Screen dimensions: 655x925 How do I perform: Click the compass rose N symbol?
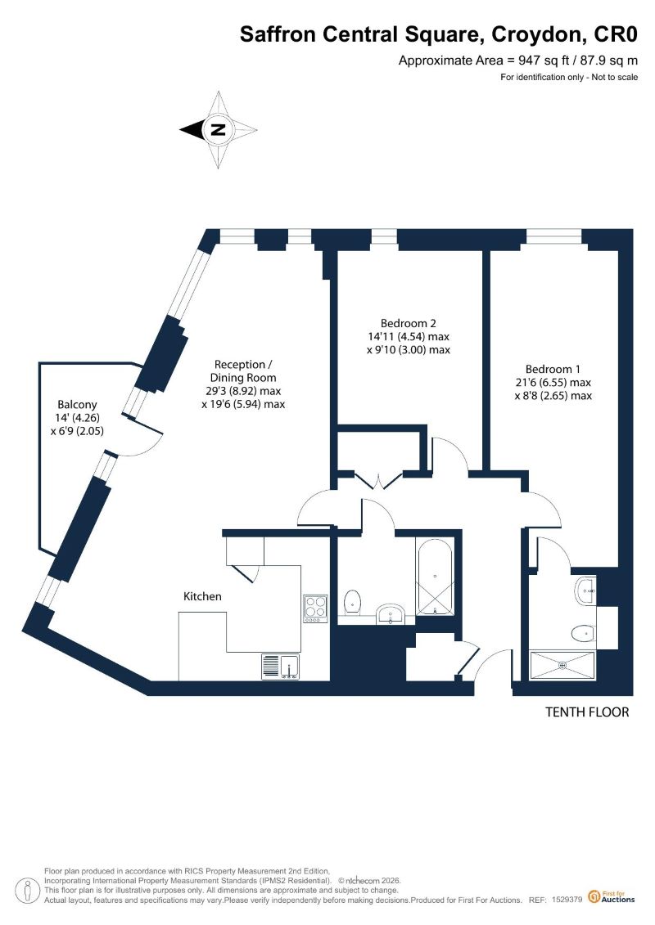(x=219, y=130)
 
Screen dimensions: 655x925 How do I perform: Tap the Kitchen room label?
(x=202, y=596)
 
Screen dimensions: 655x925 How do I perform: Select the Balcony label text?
(x=77, y=405)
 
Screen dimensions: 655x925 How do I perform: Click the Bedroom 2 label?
(x=408, y=323)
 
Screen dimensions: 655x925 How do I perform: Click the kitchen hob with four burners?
(x=315, y=608)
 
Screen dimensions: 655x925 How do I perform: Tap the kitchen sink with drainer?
(x=281, y=667)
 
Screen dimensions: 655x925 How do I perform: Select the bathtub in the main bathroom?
(x=435, y=577)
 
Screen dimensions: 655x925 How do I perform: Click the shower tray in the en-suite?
(x=562, y=665)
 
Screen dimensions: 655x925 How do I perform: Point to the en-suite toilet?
(x=583, y=634)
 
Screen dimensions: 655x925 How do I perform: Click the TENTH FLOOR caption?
(x=587, y=712)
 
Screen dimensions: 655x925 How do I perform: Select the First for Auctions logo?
(x=612, y=896)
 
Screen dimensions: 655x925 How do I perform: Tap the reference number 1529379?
(x=567, y=900)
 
